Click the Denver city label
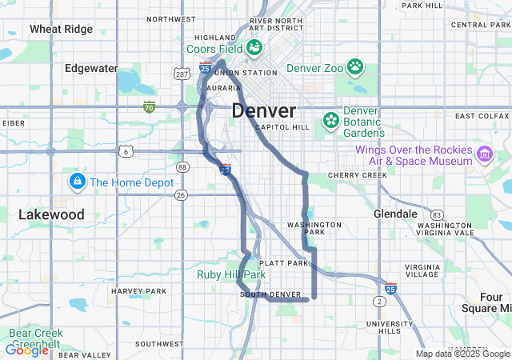click(264, 110)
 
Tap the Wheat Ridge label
click(61, 29)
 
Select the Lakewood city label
click(51, 214)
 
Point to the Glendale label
click(395, 214)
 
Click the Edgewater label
click(91, 68)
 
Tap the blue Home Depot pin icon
click(78, 182)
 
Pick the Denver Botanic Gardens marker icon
click(330, 120)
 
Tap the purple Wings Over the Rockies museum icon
click(484, 154)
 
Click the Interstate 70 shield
click(149, 106)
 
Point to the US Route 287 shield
click(181, 74)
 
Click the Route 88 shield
click(183, 167)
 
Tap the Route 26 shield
click(181, 194)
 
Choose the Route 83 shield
click(436, 214)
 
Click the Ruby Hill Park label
click(231, 274)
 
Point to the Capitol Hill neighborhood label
click(282, 127)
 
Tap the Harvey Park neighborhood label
click(138, 290)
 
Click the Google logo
click(26, 350)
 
